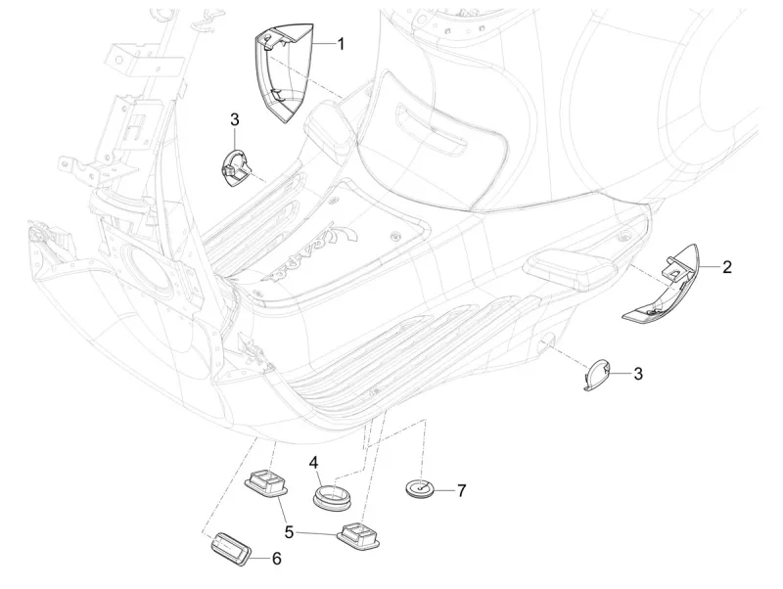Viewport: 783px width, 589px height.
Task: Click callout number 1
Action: coord(342,44)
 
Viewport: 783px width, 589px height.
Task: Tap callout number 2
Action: coord(727,266)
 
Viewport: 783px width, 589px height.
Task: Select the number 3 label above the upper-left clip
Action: coord(235,119)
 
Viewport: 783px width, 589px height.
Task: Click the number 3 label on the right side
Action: coord(637,373)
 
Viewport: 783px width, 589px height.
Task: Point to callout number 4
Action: coord(314,461)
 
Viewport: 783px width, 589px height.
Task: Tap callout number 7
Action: coord(461,489)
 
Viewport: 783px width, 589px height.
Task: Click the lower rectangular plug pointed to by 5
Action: coord(359,535)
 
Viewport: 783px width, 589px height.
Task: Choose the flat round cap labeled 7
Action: coord(422,487)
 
